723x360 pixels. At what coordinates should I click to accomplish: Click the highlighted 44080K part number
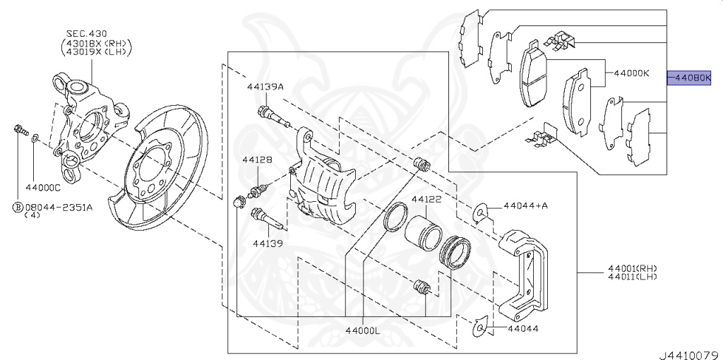click(695, 78)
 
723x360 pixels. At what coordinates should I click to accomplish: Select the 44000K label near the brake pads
click(631, 73)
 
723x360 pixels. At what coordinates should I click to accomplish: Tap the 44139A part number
click(265, 87)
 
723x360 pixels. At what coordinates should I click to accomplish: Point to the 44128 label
click(257, 160)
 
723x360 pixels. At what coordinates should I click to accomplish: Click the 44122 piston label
click(426, 200)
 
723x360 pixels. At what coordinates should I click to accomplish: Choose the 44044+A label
click(526, 205)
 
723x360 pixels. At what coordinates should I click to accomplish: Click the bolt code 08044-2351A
click(59, 208)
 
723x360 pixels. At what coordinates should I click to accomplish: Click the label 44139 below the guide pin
click(267, 244)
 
